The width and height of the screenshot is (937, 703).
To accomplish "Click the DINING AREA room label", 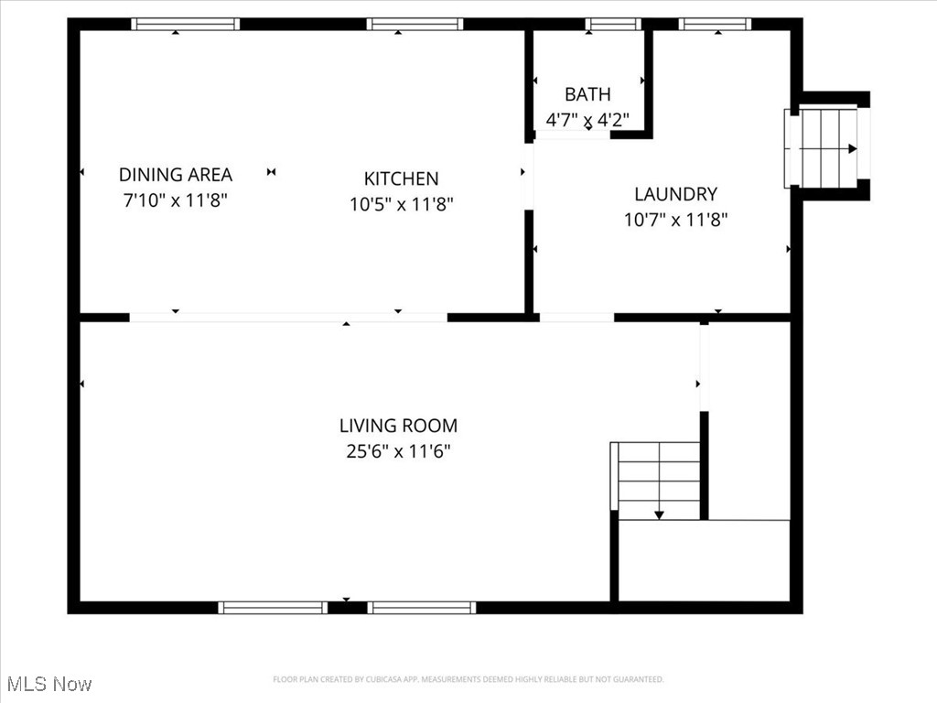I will (x=176, y=174).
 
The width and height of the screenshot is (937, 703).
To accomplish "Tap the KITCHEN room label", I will (x=401, y=178).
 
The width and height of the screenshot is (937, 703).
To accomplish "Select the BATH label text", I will (x=587, y=94).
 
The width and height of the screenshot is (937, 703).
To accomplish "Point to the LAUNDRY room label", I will (x=675, y=194).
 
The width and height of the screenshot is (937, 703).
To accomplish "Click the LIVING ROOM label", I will (x=398, y=426).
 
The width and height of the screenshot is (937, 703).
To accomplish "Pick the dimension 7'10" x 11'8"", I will (x=176, y=200).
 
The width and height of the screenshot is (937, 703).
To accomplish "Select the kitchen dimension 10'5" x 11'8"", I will (x=401, y=204).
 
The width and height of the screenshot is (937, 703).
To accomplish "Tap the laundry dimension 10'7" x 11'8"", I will (x=675, y=220).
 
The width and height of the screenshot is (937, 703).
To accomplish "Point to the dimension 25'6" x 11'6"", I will (x=398, y=451).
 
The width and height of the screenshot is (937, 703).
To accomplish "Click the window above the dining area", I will (x=185, y=25).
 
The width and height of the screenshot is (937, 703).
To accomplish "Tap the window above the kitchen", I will (x=415, y=25).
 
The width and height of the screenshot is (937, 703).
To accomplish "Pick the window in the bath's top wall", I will (x=613, y=25).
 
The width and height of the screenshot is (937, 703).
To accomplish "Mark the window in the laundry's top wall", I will (x=716, y=25).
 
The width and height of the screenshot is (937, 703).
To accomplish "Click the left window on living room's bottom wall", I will (x=273, y=607).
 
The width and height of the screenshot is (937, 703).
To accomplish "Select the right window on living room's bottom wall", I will (x=422, y=607).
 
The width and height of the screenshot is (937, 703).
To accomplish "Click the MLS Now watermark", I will (x=49, y=684).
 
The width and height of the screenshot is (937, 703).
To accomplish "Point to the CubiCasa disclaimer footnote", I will (x=468, y=679).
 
